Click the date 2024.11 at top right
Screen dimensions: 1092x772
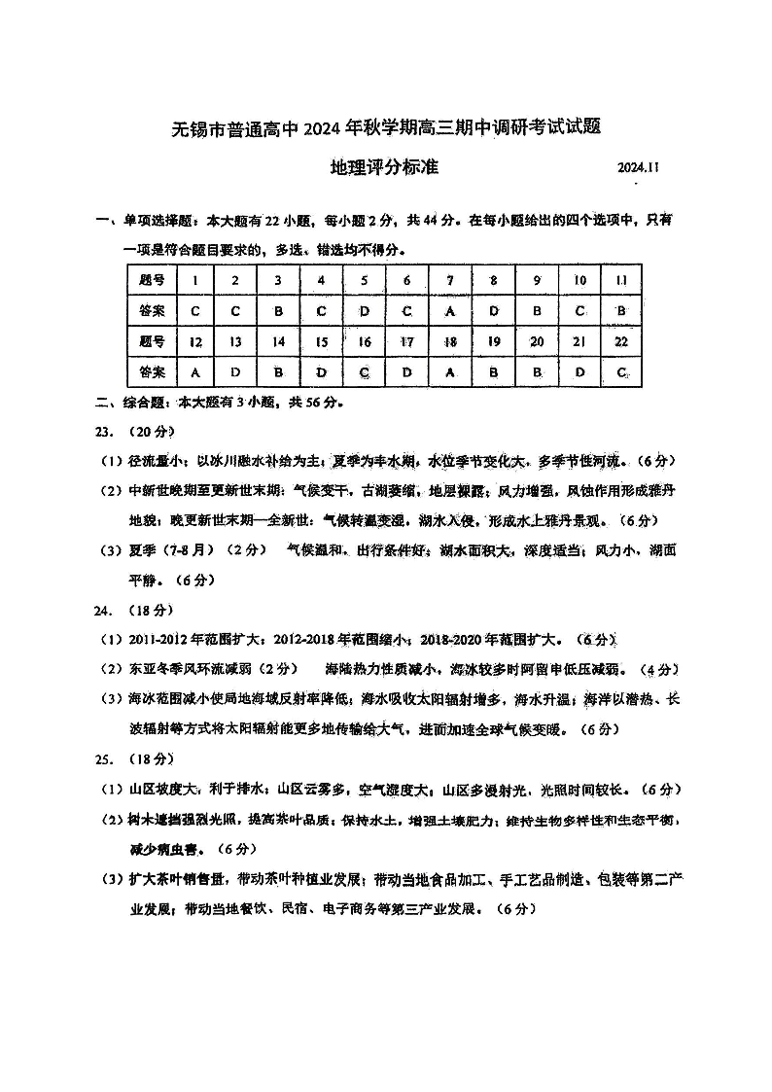click(x=639, y=167)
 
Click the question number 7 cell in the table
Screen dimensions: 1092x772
click(x=450, y=280)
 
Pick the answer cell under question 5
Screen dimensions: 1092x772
click(x=365, y=311)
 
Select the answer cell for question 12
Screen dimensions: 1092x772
click(x=195, y=371)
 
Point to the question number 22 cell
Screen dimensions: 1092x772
click(x=620, y=341)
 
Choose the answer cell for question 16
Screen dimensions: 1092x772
click(x=365, y=371)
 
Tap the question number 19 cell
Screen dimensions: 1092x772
click(x=493, y=341)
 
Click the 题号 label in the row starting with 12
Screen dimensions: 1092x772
click(x=152, y=341)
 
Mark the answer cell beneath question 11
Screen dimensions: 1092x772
click(x=620, y=311)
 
